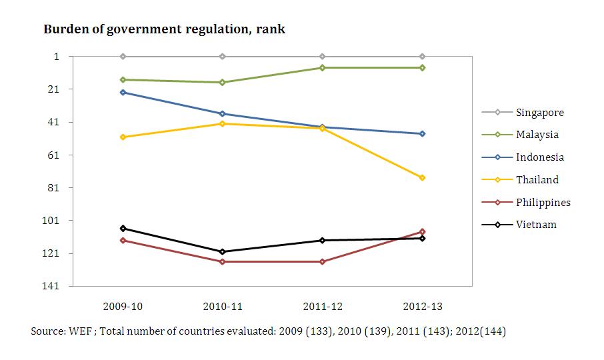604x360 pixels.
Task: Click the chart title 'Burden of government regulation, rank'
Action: pyautogui.click(x=164, y=29)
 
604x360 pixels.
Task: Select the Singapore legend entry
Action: pyautogui.click(x=539, y=112)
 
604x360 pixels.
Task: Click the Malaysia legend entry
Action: pyautogui.click(x=537, y=135)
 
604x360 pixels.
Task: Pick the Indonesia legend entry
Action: pyautogui.click(x=539, y=157)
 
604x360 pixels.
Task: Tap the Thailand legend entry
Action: pyautogui.click(x=537, y=179)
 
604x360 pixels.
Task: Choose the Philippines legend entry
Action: pyautogui.click(x=543, y=202)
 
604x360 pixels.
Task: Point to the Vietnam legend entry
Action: pyautogui.click(x=535, y=225)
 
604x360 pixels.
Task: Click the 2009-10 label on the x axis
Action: pyautogui.click(x=123, y=307)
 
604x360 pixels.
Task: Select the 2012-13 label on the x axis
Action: pyautogui.click(x=422, y=307)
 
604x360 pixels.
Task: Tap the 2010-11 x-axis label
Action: pyautogui.click(x=222, y=307)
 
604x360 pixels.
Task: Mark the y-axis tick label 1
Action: pyautogui.click(x=57, y=57)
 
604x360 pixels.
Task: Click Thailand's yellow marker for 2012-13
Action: pyautogui.click(x=422, y=178)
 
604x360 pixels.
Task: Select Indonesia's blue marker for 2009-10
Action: pyautogui.click(x=123, y=92)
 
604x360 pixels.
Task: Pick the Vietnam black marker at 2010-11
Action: pyautogui.click(x=222, y=252)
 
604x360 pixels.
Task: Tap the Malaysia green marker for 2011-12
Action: pyautogui.click(x=322, y=67)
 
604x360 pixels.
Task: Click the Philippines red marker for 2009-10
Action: pyautogui.click(x=123, y=240)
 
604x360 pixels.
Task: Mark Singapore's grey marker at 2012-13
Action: pyautogui.click(x=422, y=57)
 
